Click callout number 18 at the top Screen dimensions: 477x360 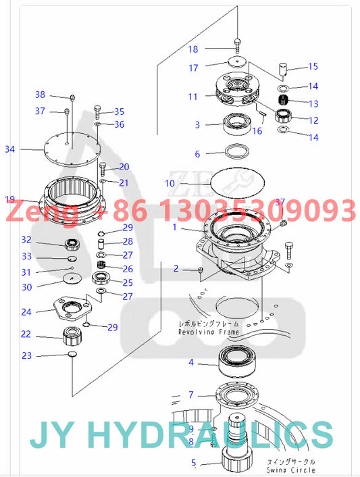[193, 49]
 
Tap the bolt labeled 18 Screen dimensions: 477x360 [238, 45]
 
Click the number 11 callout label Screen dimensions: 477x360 [193, 97]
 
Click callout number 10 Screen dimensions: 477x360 [171, 182]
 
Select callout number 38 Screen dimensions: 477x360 [40, 95]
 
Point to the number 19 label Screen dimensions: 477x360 [9, 199]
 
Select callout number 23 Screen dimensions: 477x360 [26, 355]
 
